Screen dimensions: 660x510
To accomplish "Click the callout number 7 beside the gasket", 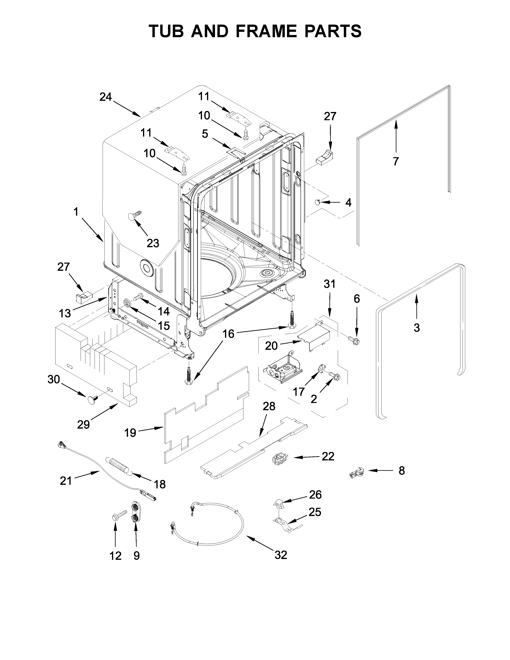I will click(x=396, y=161).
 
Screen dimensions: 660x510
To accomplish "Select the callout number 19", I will click(x=130, y=433).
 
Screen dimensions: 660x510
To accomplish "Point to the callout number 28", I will click(x=269, y=406).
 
